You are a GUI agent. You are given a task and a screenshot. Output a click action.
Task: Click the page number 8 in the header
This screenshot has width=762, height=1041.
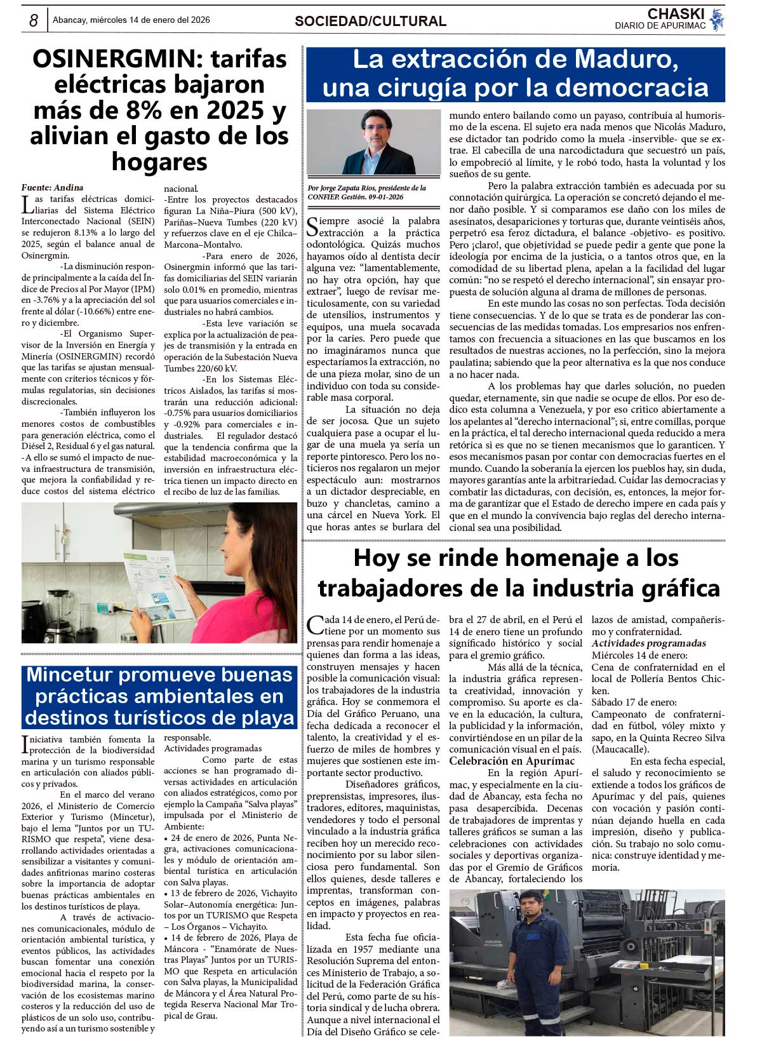coord(34,20)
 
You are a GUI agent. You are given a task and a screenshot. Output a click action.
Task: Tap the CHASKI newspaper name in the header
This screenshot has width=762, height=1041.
coord(676,14)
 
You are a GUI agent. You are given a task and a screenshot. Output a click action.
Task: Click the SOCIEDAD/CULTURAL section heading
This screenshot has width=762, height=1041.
coord(370,21)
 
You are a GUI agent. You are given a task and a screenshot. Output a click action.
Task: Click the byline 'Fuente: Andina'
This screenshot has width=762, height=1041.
coord(52,187)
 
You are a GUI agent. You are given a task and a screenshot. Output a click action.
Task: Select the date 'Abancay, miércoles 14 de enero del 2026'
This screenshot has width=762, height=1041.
coord(131,20)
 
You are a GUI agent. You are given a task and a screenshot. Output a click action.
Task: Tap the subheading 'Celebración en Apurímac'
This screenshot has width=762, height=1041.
coord(512,761)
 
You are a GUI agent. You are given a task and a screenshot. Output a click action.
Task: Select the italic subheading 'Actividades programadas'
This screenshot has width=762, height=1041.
coord(639,643)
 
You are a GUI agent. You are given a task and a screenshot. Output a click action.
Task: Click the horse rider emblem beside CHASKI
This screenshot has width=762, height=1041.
coord(718,20)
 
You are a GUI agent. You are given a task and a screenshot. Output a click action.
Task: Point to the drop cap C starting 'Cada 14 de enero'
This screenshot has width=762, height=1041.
coord(314,625)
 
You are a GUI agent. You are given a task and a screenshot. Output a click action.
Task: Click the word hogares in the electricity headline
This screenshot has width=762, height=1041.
coord(159,162)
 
